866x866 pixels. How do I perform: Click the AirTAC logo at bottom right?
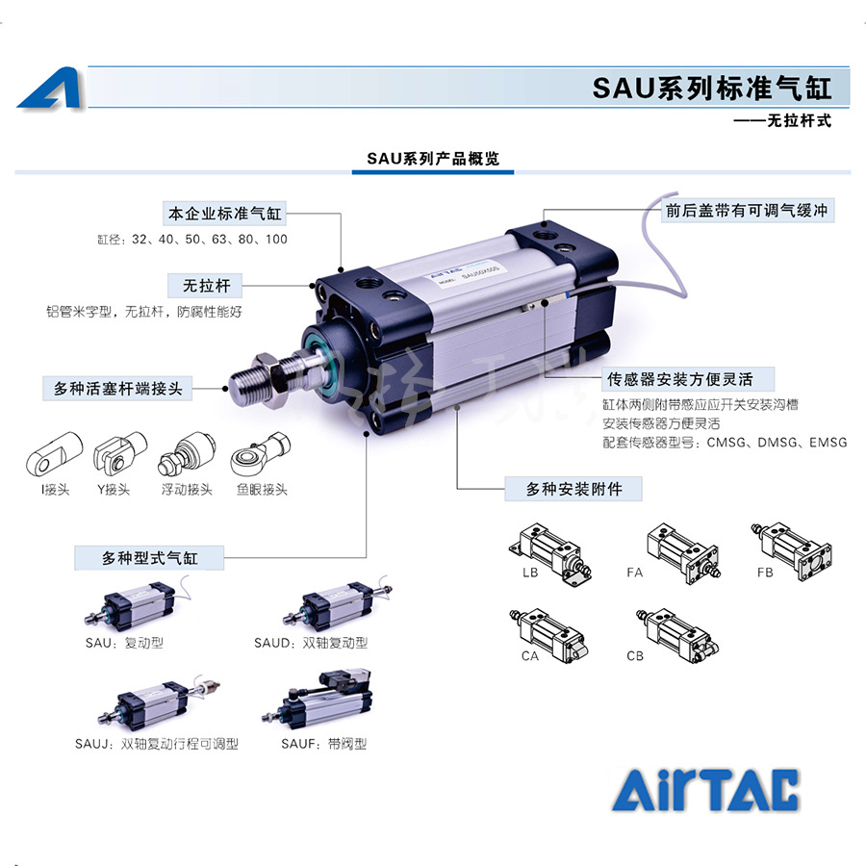705,790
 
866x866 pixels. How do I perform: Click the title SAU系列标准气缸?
711,89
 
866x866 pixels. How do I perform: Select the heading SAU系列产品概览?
432,159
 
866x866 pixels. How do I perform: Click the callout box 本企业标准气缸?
225,213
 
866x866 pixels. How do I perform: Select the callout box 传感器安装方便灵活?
688,378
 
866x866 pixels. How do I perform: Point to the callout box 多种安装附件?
573,489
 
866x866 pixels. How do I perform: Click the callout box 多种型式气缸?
149,557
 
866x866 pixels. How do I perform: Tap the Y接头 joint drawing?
118,450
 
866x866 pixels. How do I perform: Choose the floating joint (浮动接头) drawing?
186,451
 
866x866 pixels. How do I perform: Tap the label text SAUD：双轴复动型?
311,643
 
